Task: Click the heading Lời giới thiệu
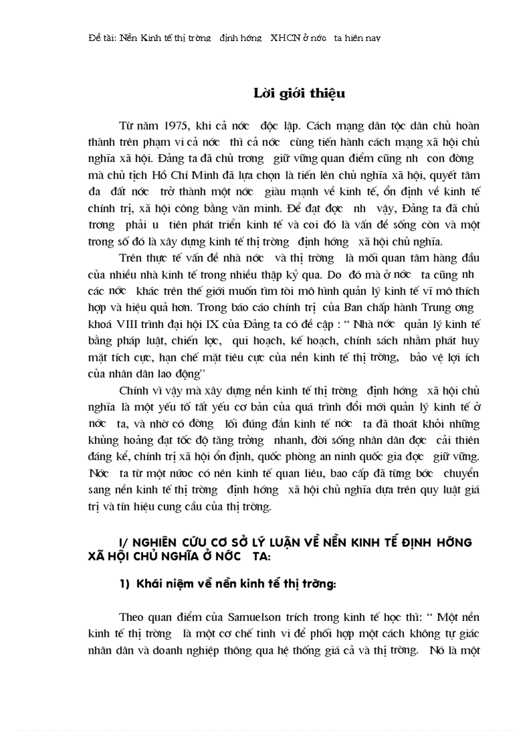299,93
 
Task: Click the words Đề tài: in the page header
102,38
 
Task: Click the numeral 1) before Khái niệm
125,584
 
